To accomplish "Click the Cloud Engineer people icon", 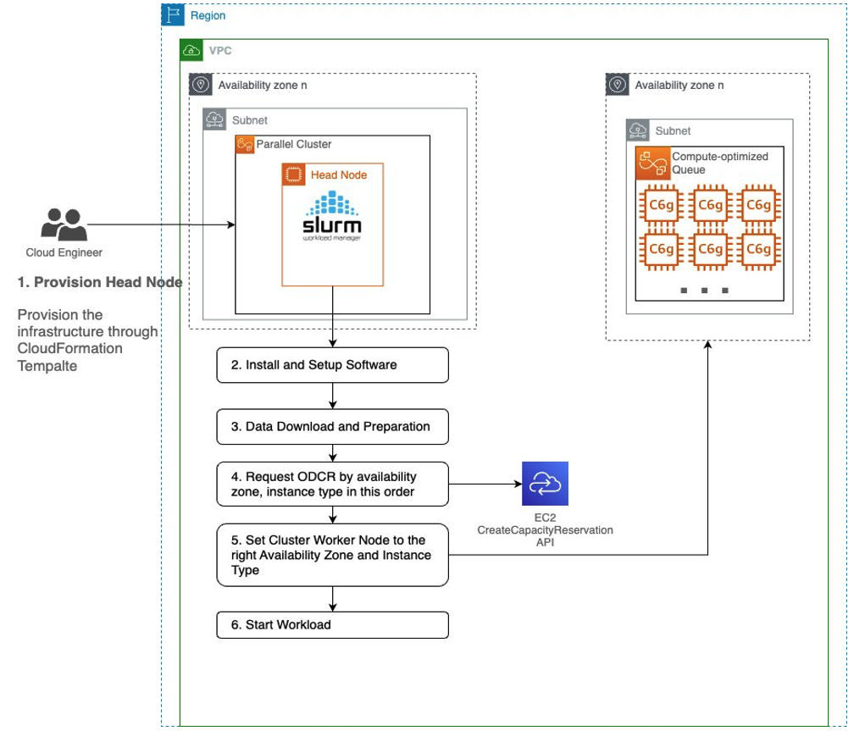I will (64, 225).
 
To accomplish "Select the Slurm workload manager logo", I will (332, 219).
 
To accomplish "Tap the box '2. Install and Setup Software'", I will (332, 365).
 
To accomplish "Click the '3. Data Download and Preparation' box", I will (332, 426).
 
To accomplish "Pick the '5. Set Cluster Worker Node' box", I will (332, 555).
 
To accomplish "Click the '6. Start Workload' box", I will (332, 625).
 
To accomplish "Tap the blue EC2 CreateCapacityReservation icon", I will (545, 484).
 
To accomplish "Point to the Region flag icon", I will (173, 15).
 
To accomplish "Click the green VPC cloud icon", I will (192, 51).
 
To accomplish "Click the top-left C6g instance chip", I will (660, 205).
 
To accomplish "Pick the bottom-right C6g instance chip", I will (758, 249).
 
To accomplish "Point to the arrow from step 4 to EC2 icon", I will (483, 485).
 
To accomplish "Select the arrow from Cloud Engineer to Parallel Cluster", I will (161, 224).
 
